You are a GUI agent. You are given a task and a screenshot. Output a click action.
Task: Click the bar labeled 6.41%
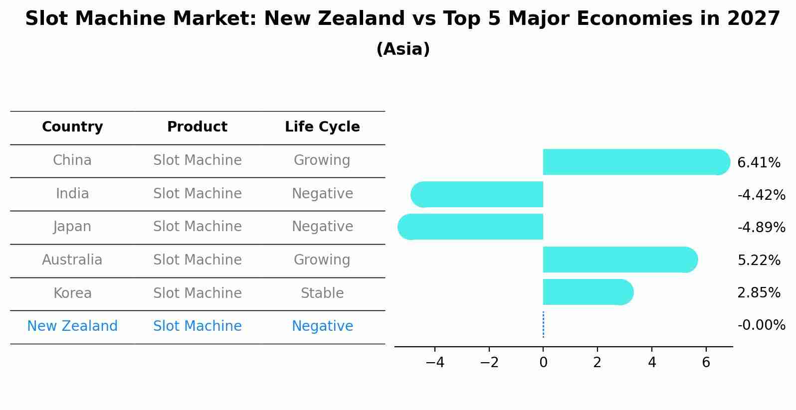pos(633,162)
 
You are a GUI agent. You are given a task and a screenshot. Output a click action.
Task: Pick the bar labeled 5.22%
pos(618,260)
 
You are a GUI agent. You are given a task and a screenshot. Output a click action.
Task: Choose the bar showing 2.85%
pos(586,292)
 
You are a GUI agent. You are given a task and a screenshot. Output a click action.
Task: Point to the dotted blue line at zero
pos(543,325)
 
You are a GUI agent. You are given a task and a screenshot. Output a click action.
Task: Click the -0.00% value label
pos(761,325)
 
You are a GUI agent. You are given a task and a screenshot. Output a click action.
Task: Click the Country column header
pos(72,127)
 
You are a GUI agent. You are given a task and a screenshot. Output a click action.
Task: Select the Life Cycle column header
pos(322,127)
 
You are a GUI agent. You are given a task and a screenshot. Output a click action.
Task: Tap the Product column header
pos(197,127)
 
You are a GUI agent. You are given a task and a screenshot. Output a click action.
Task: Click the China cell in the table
pos(72,160)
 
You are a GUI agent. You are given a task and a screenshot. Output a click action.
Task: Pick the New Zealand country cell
pos(72,326)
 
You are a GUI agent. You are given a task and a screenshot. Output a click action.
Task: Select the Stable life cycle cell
pos(322,293)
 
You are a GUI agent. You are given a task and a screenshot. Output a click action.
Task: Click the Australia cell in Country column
pos(72,260)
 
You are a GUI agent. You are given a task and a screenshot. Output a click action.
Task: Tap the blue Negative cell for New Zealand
pos(322,326)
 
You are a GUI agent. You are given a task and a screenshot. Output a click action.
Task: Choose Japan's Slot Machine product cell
pos(197,227)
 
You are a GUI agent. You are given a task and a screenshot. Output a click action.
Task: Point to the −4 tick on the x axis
pos(435,363)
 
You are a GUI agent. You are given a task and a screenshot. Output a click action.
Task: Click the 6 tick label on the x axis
pos(706,363)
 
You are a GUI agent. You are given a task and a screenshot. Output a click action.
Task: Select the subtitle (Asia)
pos(403,49)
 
